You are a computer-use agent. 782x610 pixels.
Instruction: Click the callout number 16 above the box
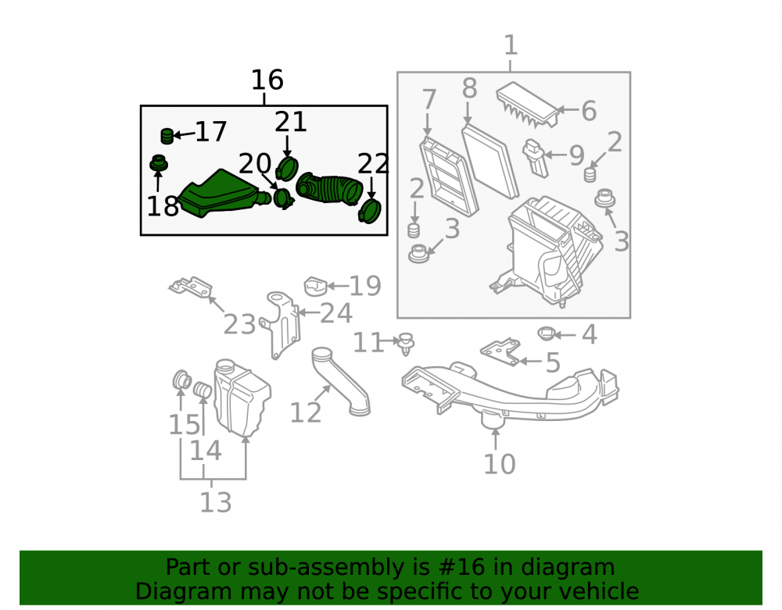pos(267,80)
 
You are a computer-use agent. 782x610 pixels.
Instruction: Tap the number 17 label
pos(211,131)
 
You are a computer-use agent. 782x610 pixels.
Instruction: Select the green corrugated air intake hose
pos(329,189)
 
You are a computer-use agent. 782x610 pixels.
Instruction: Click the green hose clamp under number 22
pos(370,211)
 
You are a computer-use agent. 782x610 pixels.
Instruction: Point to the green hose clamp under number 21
pos(286,168)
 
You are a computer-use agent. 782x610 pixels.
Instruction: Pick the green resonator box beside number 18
pos(220,194)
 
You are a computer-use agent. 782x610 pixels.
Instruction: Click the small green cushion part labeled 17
pos(167,136)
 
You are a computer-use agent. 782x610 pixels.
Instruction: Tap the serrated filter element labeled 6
pos(528,105)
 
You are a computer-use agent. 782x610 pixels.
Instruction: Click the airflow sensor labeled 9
pos(535,159)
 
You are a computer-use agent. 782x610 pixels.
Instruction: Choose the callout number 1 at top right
pos(511,45)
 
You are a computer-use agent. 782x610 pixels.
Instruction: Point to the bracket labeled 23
pos(191,287)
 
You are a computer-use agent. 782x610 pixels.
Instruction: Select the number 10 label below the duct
pos(499,464)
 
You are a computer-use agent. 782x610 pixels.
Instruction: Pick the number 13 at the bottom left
pos(216,502)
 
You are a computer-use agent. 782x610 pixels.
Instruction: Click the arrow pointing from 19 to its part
pos(338,286)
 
